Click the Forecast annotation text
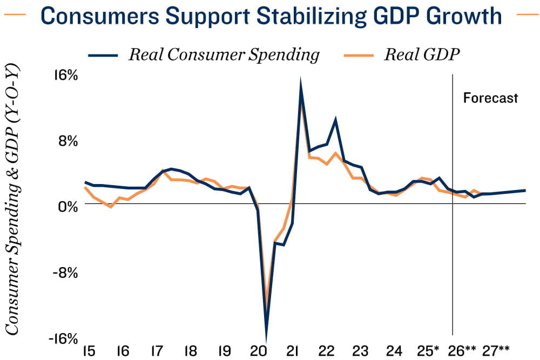click(490, 98)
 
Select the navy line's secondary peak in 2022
click(336, 119)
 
